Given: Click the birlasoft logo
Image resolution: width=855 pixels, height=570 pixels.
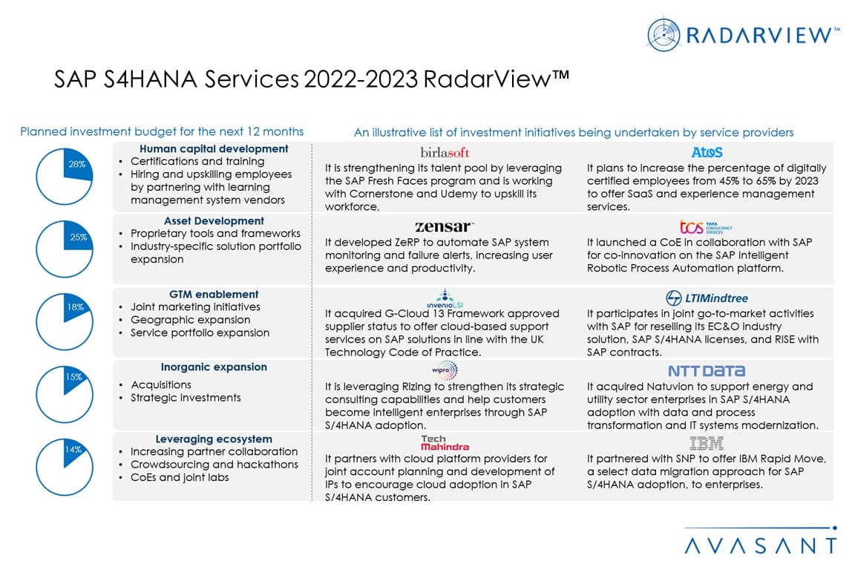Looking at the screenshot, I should pyautogui.click(x=445, y=153).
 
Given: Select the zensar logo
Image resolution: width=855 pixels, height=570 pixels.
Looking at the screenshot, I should pyautogui.click(x=444, y=226).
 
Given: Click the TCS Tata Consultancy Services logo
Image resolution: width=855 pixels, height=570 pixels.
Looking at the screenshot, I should pyautogui.click(x=706, y=226).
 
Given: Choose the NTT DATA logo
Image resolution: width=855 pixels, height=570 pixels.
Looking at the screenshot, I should pyautogui.click(x=706, y=371).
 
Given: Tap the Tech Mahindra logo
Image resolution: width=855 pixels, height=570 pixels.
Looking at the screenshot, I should pyautogui.click(x=445, y=443).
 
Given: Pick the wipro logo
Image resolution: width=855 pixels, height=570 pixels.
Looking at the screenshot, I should pyautogui.click(x=445, y=370).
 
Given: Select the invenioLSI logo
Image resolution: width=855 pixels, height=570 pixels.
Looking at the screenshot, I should pyautogui.click(x=445, y=298).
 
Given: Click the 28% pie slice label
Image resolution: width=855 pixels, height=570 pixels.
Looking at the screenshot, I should pyautogui.click(x=77, y=164).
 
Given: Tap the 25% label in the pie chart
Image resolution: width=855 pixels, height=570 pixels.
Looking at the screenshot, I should pyautogui.click(x=78, y=237).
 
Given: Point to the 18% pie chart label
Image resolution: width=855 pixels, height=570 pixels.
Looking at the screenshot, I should pyautogui.click(x=76, y=307).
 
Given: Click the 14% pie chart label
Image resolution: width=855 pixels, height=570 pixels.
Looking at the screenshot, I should pyautogui.click(x=73, y=449).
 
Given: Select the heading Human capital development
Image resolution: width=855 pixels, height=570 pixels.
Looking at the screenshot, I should pyautogui.click(x=214, y=148).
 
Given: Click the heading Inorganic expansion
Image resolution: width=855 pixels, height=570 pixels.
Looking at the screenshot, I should pyautogui.click(x=214, y=367).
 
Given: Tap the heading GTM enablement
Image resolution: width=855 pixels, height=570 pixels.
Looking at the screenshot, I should pyautogui.click(x=214, y=294).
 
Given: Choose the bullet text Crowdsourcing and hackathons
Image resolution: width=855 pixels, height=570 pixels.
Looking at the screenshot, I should pyautogui.click(x=214, y=465).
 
